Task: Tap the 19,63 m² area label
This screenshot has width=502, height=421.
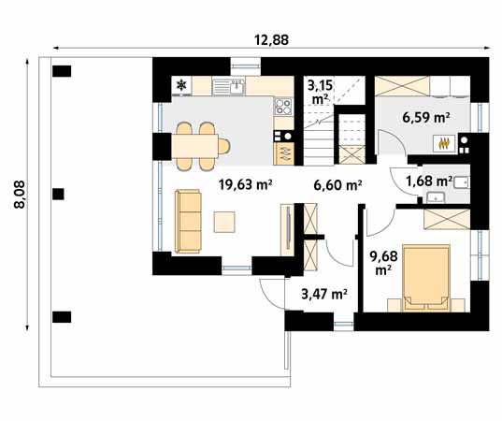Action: point(245,184)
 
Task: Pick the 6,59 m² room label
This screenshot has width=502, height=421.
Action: point(426,118)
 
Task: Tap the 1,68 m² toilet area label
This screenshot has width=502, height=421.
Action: point(429,181)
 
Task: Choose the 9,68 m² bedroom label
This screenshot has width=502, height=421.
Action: point(381,261)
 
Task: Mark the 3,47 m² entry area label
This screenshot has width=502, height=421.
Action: point(323,294)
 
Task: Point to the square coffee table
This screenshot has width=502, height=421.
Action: point(225,222)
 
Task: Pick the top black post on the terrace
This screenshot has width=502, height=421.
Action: point(63,70)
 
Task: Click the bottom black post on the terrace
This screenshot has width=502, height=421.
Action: point(63,315)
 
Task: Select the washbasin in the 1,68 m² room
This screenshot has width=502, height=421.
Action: point(436,197)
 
